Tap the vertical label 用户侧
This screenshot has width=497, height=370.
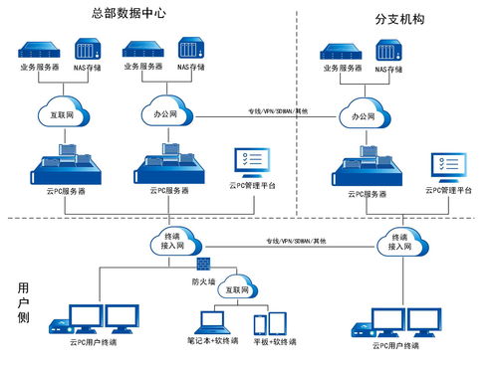pyautogui.click(x=23, y=302)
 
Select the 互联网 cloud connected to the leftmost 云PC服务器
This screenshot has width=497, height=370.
pyautogui.click(x=63, y=112)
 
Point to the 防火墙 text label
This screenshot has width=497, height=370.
pyautogui.click(x=203, y=280)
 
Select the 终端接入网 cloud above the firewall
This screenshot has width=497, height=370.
pyautogui.click(x=172, y=241)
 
